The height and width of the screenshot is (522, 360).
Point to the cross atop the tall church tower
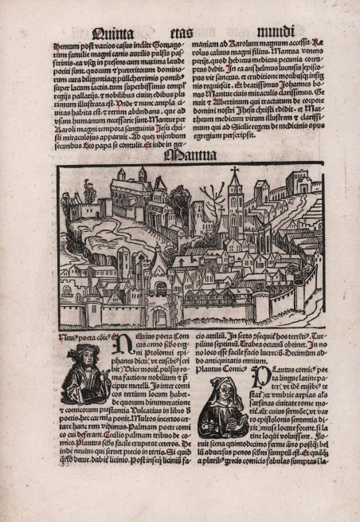tap(235, 171)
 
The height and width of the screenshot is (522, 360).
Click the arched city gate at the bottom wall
tap(160, 315)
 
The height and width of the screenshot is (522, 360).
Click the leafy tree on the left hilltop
tap(80, 198)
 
